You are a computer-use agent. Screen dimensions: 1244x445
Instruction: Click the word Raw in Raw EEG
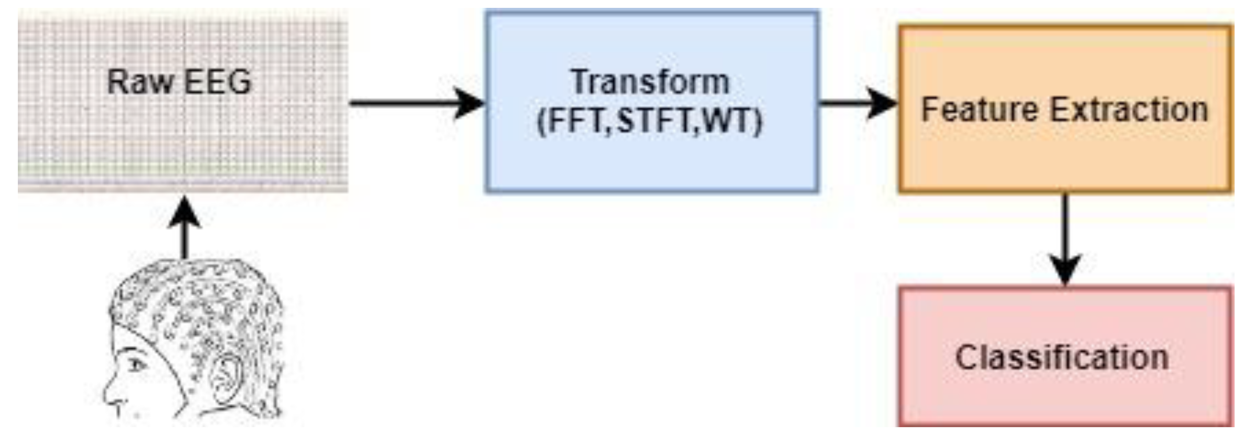pyautogui.click(x=139, y=82)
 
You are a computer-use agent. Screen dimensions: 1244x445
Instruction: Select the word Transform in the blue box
pyautogui.click(x=650, y=82)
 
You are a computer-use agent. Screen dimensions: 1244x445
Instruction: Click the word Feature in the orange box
pyautogui.click(x=979, y=110)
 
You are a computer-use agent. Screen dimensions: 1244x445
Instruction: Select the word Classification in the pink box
pyautogui.click(x=1062, y=358)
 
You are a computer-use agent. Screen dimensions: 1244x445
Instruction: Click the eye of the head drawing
pyautogui.click(x=137, y=364)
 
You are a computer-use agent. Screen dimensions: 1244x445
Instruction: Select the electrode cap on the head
pyautogui.click(x=199, y=310)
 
